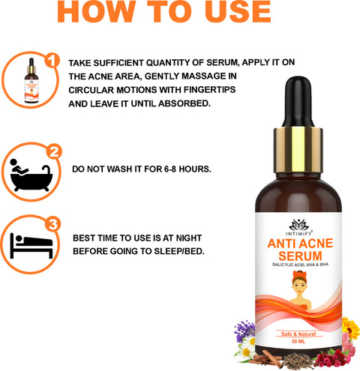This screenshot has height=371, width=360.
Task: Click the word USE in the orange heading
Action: (x=238, y=11)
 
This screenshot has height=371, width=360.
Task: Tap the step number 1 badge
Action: (x=52, y=61)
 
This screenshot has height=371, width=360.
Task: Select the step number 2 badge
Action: (x=54, y=152)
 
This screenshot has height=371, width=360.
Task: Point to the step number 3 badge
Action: (x=52, y=224)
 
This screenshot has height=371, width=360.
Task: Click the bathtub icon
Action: (x=31, y=175)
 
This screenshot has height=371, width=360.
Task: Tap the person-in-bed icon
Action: (x=31, y=246)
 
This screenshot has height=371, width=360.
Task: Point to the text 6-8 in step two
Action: (x=170, y=169)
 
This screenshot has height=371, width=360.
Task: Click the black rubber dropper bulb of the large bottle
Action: (x=298, y=102)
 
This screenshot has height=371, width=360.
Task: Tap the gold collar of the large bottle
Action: (x=298, y=150)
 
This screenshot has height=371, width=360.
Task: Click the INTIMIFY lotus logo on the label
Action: (x=298, y=226)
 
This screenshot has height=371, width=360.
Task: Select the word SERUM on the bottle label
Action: (x=300, y=256)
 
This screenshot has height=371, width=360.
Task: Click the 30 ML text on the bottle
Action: (x=298, y=342)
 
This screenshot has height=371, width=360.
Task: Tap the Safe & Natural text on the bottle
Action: (x=298, y=334)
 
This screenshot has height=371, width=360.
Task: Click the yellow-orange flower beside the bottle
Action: (x=350, y=328)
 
